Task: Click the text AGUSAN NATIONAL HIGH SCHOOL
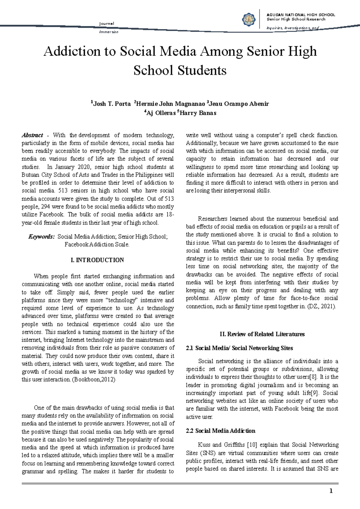(301, 15)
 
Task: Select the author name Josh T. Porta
(112, 104)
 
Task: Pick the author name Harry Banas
(198, 113)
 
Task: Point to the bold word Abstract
(32, 135)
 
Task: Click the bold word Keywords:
(41, 237)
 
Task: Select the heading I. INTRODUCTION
(97, 260)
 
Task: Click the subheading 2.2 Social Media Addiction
(220, 431)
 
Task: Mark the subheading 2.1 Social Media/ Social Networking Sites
(239, 348)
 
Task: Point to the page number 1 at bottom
(331, 491)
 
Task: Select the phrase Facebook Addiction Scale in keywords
(97, 245)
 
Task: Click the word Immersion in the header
(108, 32)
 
